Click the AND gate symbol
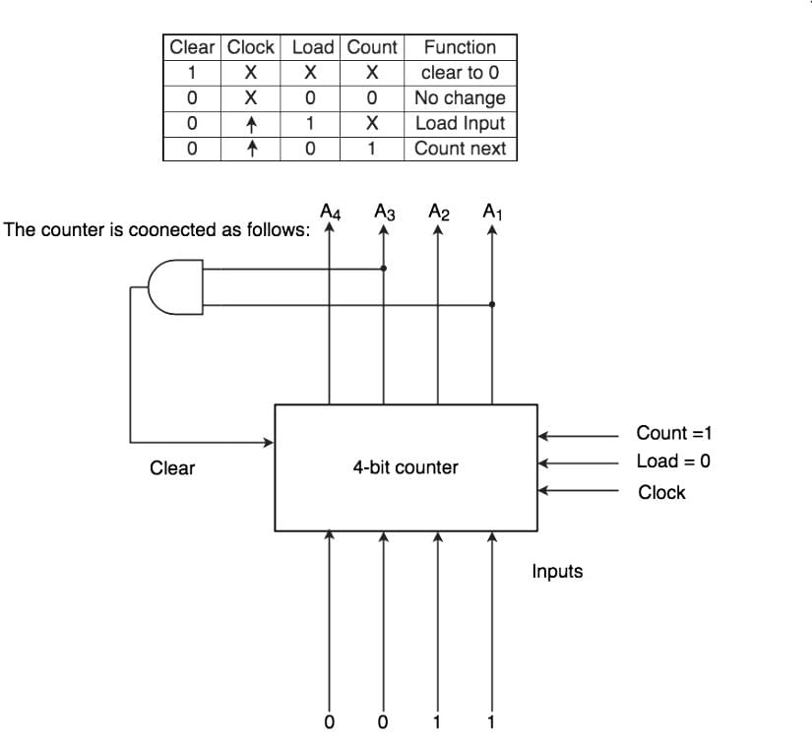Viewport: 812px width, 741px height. coord(175,286)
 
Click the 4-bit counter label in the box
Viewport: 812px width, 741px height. coord(406,467)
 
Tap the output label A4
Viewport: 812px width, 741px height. coord(330,211)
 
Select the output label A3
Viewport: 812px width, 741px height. coord(385,211)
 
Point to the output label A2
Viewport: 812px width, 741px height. coord(439,211)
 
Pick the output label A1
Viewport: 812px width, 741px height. coord(492,211)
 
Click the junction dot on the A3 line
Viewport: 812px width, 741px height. coord(384,268)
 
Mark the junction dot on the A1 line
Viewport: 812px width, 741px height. coord(492,304)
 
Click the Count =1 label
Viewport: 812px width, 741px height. coord(673,433)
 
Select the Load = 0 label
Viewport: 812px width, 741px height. coord(673,462)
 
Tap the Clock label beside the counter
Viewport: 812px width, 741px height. coord(661,492)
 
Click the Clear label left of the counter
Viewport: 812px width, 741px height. coord(172,468)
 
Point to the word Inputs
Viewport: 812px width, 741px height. coord(557,572)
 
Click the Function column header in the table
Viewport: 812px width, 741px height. coord(460,47)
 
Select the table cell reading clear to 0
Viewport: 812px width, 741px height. coord(460,73)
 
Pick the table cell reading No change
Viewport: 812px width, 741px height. coord(460,98)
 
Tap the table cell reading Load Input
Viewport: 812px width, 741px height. coord(460,124)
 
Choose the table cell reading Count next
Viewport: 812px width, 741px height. coord(460,150)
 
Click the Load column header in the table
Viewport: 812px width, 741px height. coord(312,47)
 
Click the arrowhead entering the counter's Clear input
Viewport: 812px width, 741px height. coord(269,442)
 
